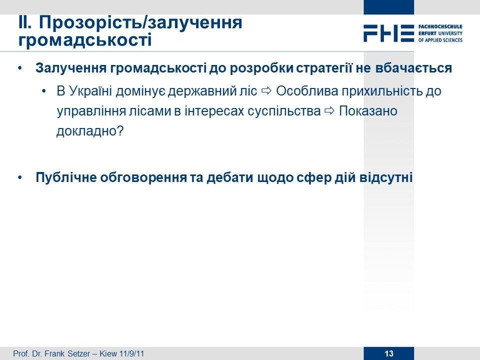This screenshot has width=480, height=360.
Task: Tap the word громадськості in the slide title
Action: (x=85, y=40)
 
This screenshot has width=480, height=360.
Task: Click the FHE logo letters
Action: (x=389, y=33)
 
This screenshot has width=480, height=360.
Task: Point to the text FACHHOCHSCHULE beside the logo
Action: (x=440, y=26)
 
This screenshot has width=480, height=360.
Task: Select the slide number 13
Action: (x=389, y=353)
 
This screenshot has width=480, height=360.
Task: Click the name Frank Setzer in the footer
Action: (x=67, y=353)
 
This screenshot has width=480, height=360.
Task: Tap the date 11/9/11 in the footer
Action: (x=131, y=353)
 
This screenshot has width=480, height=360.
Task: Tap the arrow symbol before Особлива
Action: (x=266, y=90)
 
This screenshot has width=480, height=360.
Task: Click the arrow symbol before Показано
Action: (x=329, y=111)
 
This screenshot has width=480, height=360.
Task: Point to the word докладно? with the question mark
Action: (x=90, y=131)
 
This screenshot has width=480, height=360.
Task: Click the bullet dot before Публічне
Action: (x=20, y=177)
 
